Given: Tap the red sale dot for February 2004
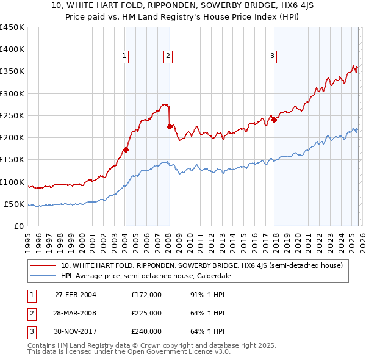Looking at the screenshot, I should (x=126, y=149).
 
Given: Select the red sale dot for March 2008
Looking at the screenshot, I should (x=170, y=127).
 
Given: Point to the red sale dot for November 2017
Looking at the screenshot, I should (x=274, y=120).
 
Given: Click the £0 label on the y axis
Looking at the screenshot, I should (x=20, y=226).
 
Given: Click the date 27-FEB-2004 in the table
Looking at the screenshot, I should (x=75, y=295).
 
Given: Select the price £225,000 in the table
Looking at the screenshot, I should (x=146, y=313).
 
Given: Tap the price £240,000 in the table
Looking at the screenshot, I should (x=146, y=331).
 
